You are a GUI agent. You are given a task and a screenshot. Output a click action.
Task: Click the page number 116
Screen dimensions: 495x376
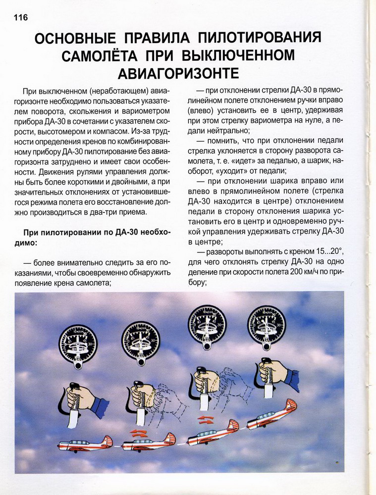[x=17, y=17]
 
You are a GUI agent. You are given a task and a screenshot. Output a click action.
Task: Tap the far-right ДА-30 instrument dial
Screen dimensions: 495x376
[x=267, y=324]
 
